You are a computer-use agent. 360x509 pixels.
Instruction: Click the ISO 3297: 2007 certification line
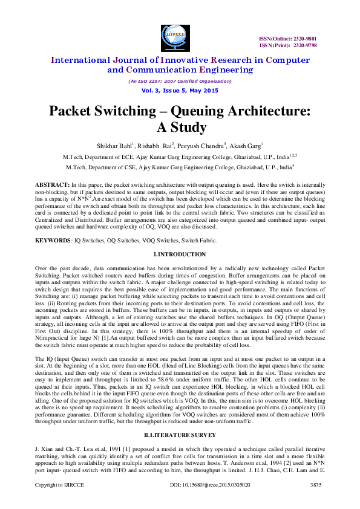point(180,80)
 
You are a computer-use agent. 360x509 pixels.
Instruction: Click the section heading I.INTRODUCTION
point(180,254)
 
